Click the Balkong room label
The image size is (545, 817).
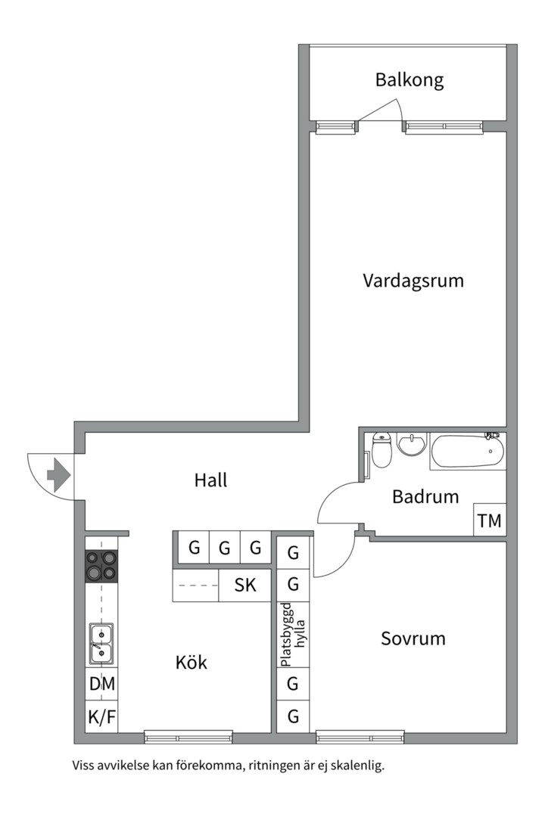click(409, 80)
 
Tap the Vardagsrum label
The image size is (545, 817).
click(413, 281)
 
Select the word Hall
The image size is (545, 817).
click(210, 480)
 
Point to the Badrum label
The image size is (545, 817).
click(425, 497)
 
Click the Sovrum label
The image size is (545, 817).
click(413, 638)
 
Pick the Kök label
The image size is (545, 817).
click(191, 663)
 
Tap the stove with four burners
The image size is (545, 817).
click(101, 565)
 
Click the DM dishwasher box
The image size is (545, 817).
click(101, 684)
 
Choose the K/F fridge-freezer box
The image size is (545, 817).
click(101, 716)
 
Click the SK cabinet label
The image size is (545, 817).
click(245, 585)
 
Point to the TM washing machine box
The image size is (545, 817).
click(489, 521)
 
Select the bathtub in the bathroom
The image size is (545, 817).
click(467, 452)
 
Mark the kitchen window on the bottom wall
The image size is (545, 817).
click(188, 736)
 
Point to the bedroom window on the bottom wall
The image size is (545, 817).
click(360, 736)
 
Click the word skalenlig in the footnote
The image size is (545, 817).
click(359, 766)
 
